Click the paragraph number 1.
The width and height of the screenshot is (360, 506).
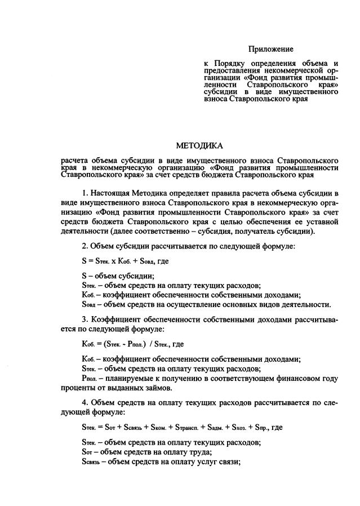84,194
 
